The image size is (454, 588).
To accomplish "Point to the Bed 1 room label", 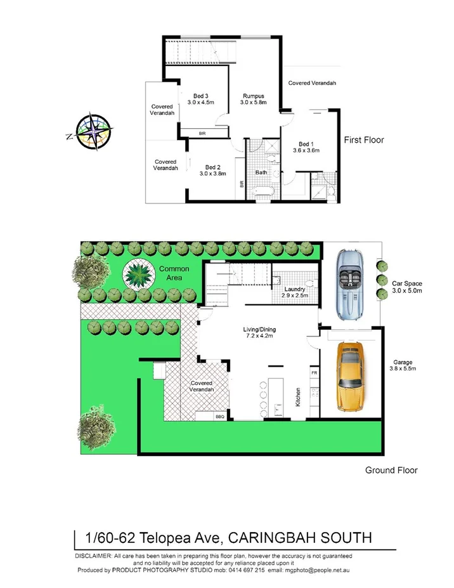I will [x=306, y=147].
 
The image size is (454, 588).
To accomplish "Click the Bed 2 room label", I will [x=213, y=169].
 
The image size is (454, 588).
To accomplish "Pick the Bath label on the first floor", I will [x=261, y=173].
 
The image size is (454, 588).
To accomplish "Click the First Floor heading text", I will [x=364, y=140].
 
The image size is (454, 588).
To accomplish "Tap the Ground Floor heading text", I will [x=391, y=470].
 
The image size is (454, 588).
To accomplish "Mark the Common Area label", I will [x=174, y=273].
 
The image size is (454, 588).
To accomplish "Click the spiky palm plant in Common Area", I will [x=138, y=275].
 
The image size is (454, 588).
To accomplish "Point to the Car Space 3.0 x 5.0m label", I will [x=407, y=287].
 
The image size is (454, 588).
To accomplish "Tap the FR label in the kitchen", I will [x=314, y=374].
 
